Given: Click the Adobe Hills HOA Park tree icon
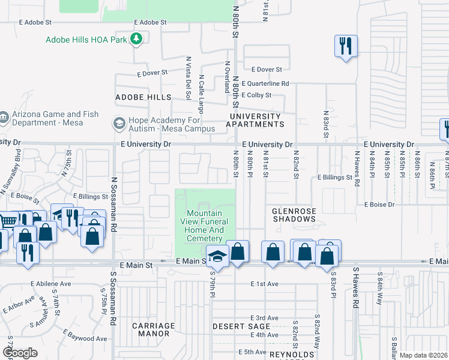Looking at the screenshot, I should [x=137, y=40].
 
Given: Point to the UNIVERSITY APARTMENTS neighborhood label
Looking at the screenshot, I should [x=254, y=120].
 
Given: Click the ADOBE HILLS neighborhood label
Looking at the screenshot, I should [x=143, y=97].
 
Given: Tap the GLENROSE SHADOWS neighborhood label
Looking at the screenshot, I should [x=294, y=215].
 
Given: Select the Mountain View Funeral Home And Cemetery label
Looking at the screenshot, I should [x=205, y=226].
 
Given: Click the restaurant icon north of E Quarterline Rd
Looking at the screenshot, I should [x=346, y=46].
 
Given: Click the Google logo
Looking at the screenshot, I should [x=20, y=353].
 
